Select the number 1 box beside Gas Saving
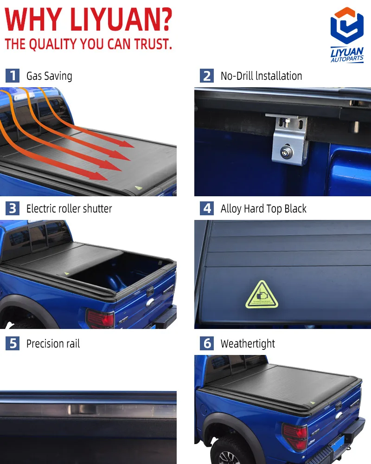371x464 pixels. point(13,76)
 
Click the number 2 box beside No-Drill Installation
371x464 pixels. point(207,76)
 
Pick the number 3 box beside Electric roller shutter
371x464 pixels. point(13,209)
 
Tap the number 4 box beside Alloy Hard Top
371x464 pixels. point(207,209)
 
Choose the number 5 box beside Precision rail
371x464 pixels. point(13,344)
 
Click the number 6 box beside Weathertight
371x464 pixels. point(207,344)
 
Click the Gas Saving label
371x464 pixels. point(49,76)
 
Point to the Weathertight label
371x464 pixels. point(248,344)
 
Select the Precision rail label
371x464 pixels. point(53,344)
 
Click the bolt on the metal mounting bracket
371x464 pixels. point(283,150)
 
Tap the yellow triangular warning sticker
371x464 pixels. point(262,296)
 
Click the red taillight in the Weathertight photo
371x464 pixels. point(295,436)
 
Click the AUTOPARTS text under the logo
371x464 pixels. point(347,59)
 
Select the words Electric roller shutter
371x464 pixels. point(69,209)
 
